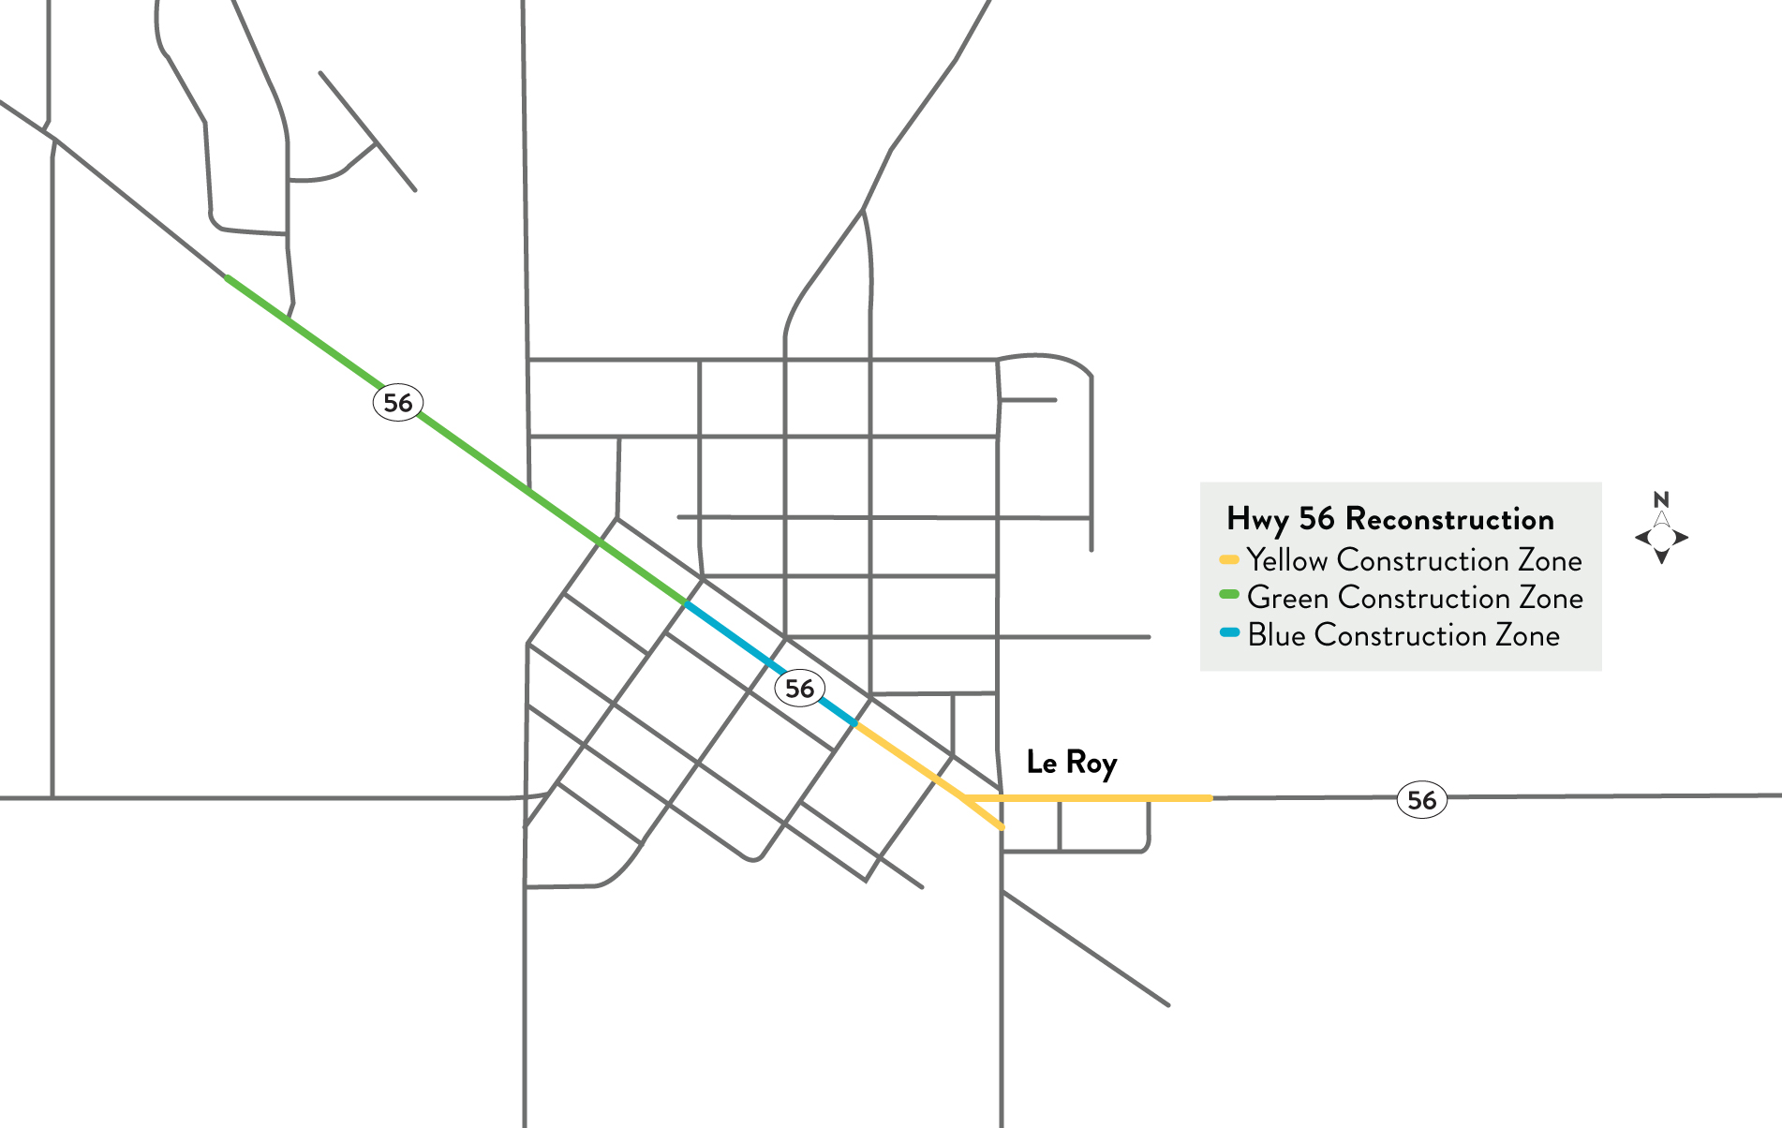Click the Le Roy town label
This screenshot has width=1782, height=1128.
tap(1071, 763)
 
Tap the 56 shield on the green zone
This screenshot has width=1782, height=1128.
tap(398, 403)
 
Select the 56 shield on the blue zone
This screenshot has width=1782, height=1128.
tap(799, 689)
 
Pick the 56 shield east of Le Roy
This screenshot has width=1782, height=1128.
tap(1421, 800)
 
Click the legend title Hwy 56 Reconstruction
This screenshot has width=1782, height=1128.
tap(1389, 519)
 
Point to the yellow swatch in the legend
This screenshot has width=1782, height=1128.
tap(1229, 560)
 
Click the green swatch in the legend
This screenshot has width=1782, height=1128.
tap(1229, 595)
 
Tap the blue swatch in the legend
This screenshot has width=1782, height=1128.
tap(1229, 632)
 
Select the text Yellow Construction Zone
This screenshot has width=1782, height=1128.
tap(1414, 560)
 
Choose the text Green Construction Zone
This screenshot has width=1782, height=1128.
tap(1415, 598)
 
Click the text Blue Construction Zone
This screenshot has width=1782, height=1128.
tap(1403, 635)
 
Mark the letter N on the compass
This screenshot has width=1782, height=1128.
tap(1661, 498)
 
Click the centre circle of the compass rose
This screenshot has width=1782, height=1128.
tap(1661, 538)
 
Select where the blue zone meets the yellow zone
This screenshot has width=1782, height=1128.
tap(855, 724)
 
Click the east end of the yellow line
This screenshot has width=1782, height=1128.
tap(1210, 798)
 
